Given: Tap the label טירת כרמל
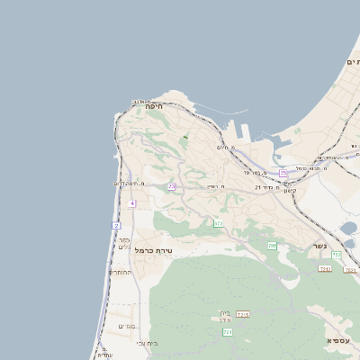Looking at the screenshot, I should tap(152, 250).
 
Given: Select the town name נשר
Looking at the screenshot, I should tap(319, 246).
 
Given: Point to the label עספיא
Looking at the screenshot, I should tap(337, 341).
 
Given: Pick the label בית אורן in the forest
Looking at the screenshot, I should tap(225, 316).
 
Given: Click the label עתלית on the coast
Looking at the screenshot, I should tap(105, 355).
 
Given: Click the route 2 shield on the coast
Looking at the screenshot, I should tap(116, 225).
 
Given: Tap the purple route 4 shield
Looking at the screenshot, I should tap(131, 204).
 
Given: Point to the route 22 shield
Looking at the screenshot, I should tap(171, 187).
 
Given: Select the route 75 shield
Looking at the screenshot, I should tap(283, 172).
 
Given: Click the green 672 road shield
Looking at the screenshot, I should tap(218, 223).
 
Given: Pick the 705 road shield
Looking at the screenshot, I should tap(272, 246).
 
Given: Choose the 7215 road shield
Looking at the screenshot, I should tap(242, 314).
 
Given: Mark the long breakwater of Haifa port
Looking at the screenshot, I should tap(220, 115).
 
